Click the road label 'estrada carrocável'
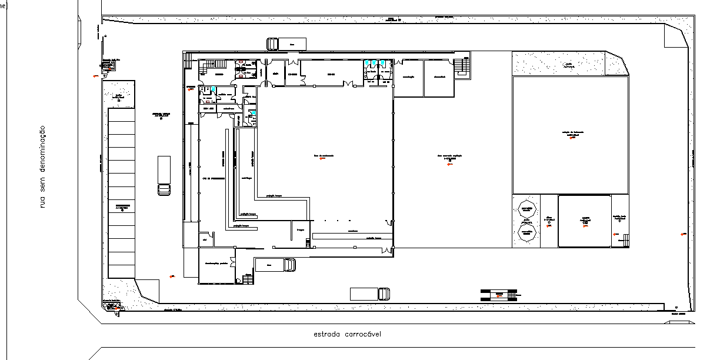point(347,334)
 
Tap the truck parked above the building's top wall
point(287,44)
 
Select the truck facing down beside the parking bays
point(164,175)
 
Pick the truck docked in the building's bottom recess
point(275,265)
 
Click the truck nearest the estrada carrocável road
point(369,294)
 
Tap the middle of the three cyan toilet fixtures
point(374,62)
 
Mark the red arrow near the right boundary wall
point(683,235)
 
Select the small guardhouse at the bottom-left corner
point(112,307)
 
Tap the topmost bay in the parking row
point(122,115)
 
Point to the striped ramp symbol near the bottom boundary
point(498,294)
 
